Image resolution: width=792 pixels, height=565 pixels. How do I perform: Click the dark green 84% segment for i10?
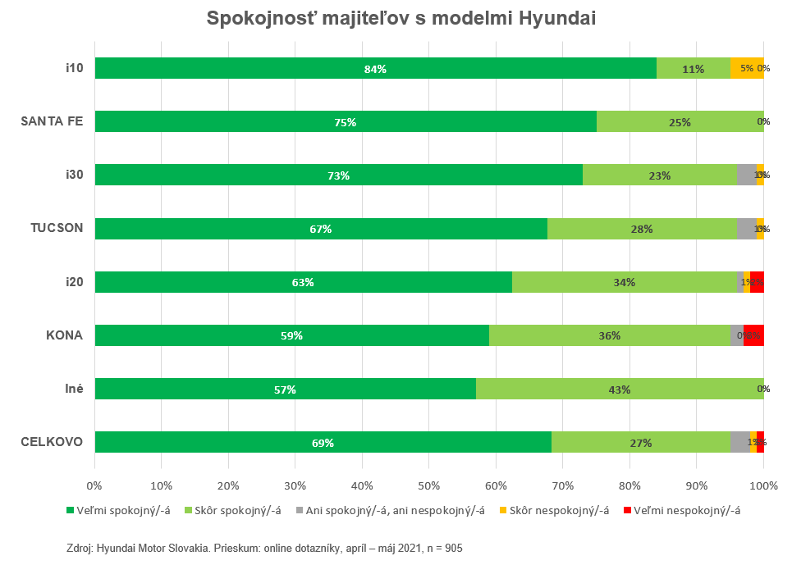point(375,69)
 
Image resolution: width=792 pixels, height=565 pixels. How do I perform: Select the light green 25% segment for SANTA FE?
point(680,122)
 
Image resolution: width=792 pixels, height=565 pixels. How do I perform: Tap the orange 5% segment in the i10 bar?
point(746,69)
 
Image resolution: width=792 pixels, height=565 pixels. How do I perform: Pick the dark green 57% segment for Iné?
point(285,390)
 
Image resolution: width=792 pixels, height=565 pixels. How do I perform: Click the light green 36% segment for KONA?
point(609,335)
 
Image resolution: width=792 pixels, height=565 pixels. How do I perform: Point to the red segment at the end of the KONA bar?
point(754,335)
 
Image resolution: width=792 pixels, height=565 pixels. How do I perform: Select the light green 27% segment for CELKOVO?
point(640,443)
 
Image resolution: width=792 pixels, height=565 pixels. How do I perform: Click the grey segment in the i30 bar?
point(746,175)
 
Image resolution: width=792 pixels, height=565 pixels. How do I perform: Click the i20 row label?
point(75,281)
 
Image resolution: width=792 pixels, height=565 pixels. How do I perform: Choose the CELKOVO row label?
point(52,442)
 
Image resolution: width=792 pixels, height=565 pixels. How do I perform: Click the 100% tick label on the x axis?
point(764,485)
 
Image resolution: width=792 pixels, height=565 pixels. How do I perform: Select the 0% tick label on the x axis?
point(95,485)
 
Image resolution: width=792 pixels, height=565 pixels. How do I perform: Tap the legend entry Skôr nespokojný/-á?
point(559,511)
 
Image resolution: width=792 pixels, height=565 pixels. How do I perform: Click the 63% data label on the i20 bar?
point(303,282)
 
